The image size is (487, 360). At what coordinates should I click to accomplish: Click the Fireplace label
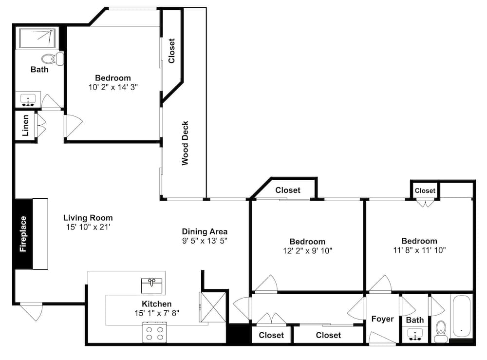[23, 234]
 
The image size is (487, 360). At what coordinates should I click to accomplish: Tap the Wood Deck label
[185, 143]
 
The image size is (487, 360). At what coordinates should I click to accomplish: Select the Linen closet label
[25, 126]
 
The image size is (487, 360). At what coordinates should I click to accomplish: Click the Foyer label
[382, 319]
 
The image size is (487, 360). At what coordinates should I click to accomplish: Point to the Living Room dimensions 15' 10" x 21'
[88, 227]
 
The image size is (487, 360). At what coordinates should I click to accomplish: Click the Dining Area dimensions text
[205, 241]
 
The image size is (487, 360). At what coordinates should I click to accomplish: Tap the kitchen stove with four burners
[154, 332]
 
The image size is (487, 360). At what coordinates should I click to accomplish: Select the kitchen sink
[151, 286]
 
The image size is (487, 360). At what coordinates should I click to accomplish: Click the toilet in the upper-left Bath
[53, 59]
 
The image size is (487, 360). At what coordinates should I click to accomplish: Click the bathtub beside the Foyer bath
[461, 317]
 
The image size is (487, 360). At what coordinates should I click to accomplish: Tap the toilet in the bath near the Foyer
[441, 331]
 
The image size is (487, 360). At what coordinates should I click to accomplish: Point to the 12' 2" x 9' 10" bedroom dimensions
[307, 251]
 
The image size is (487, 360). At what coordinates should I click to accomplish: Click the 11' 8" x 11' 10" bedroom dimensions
[419, 250]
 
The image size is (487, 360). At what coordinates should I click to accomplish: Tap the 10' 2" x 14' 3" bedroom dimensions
[113, 87]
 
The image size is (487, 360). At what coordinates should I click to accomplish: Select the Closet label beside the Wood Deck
[171, 51]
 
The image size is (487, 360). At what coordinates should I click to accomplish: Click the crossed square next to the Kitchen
[214, 307]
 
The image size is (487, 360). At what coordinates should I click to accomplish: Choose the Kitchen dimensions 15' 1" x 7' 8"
[157, 313]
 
